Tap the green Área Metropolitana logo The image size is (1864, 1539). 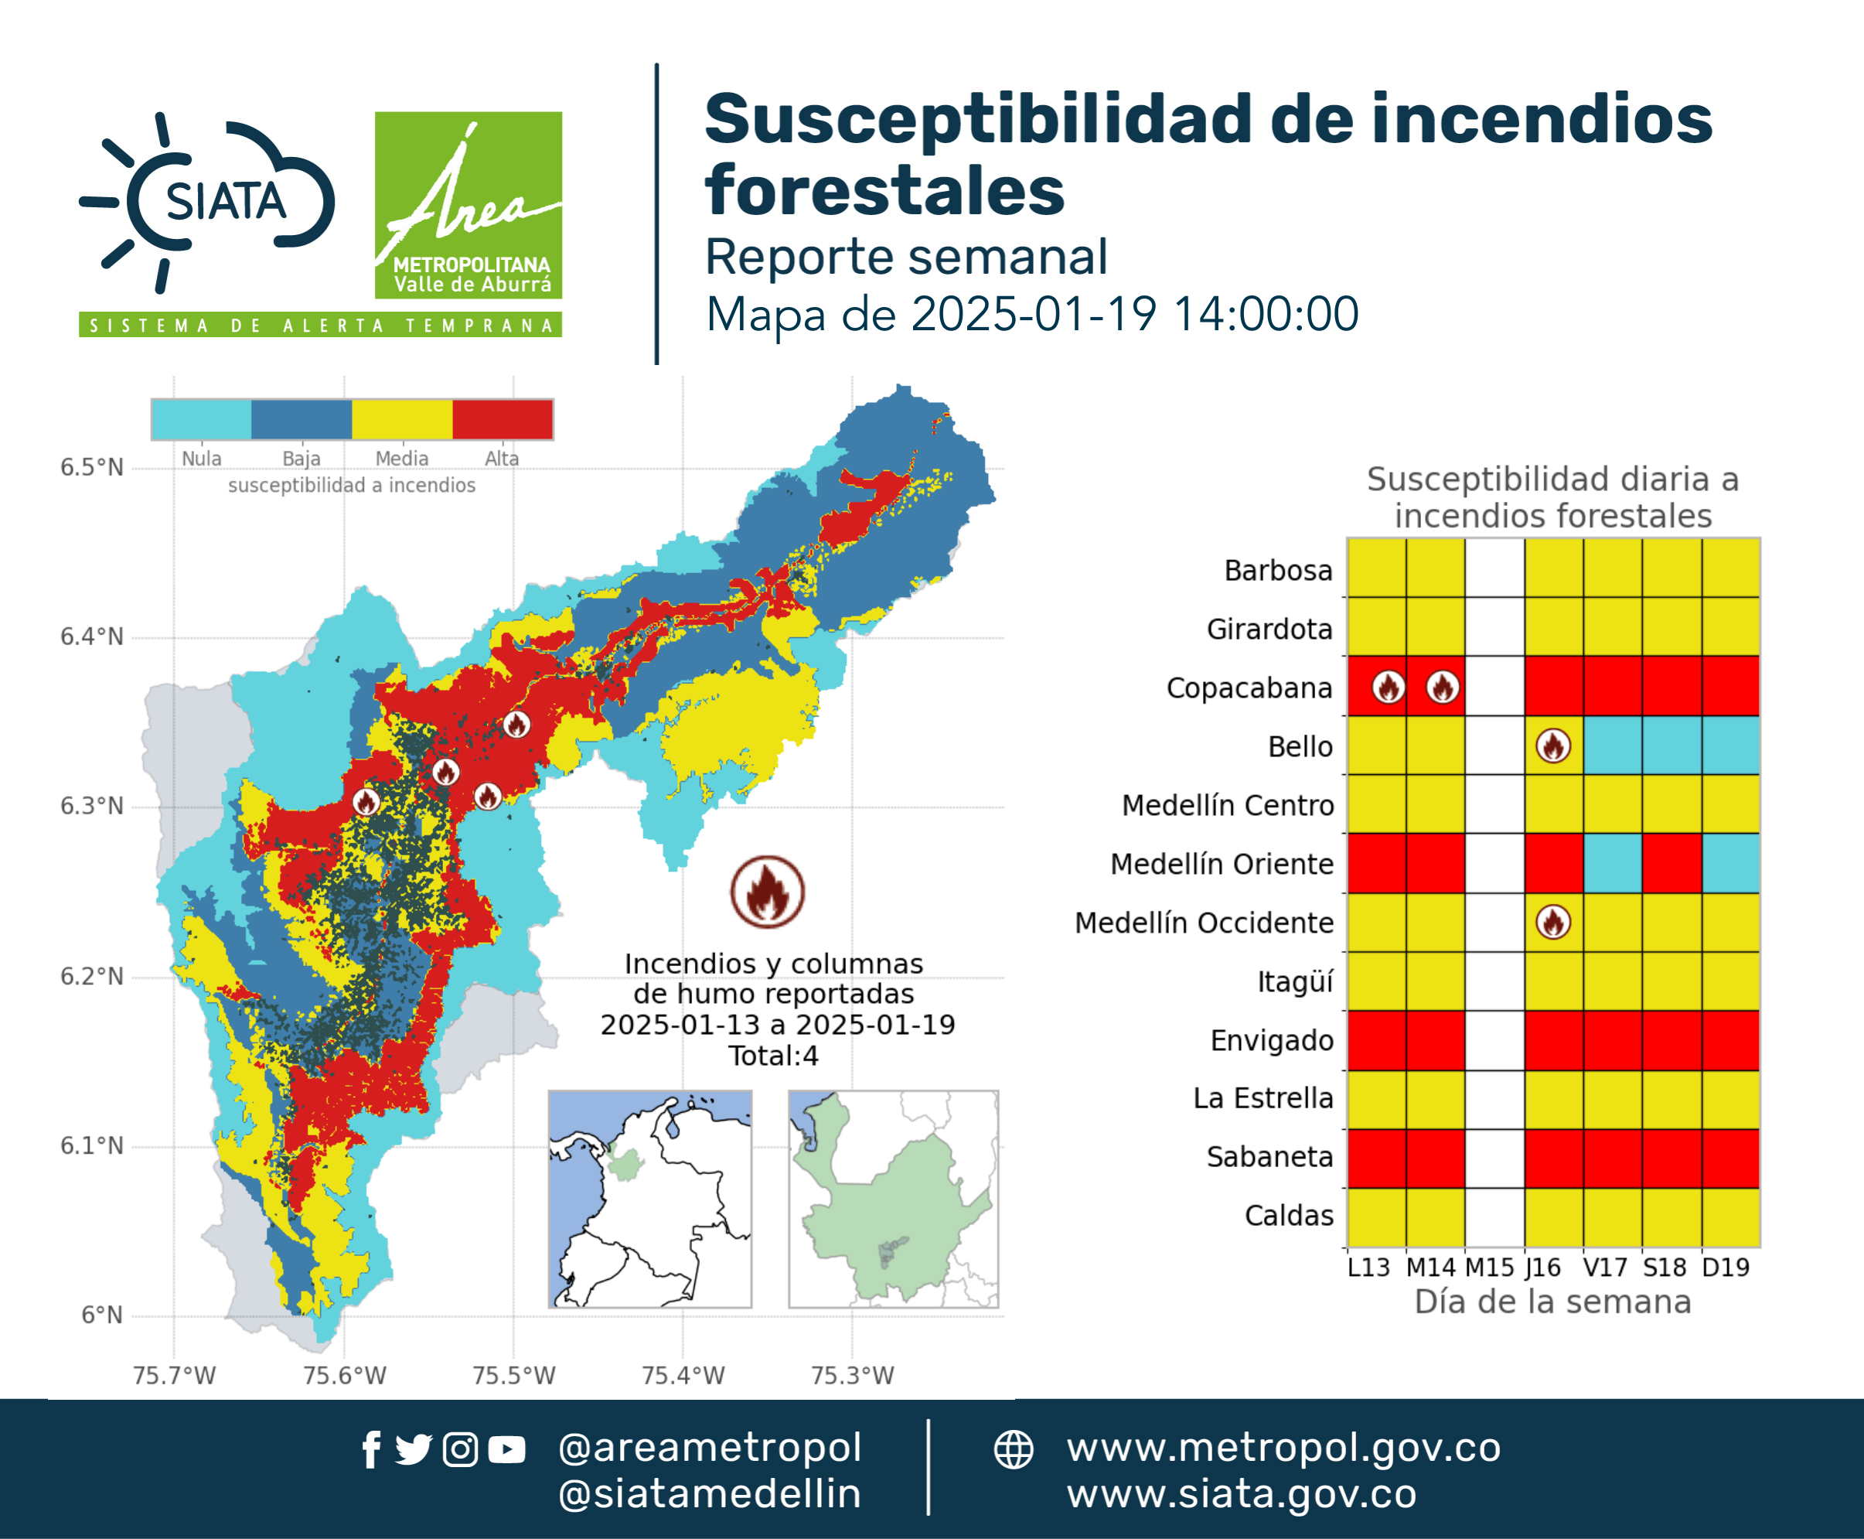(468, 205)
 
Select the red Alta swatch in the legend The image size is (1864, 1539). (503, 419)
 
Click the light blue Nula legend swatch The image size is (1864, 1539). (201, 419)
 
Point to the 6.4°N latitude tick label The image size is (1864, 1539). (92, 636)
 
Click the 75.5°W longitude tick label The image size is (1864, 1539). (513, 1375)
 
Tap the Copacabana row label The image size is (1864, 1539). (1249, 688)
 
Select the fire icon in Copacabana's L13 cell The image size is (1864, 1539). (1388, 687)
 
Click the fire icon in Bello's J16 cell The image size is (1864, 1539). (1553, 746)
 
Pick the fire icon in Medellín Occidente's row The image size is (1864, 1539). (1553, 922)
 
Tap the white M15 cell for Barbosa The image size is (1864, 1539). (1494, 568)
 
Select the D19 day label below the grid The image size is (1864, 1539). (1726, 1268)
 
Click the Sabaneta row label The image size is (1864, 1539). (1269, 1157)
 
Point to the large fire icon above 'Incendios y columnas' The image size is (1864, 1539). (768, 892)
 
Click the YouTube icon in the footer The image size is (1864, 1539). (506, 1449)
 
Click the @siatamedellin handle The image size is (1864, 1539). (710, 1494)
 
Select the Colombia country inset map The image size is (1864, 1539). (649, 1199)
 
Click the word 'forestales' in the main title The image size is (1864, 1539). (884, 190)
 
